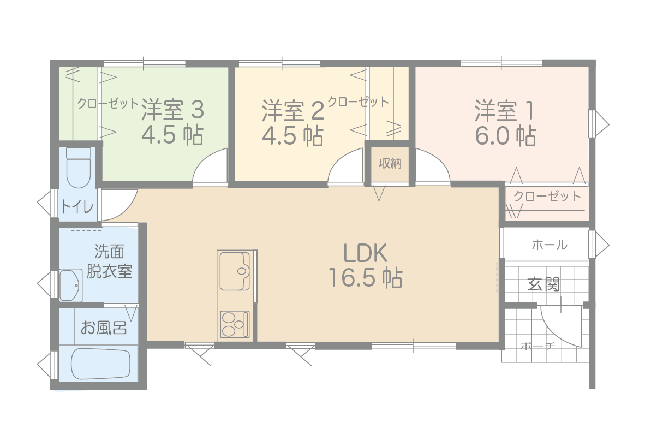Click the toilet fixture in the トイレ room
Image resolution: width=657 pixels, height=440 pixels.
point(79,168)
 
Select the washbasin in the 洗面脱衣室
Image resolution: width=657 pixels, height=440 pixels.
point(71,285)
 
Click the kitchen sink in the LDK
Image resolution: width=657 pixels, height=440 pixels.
point(235,271)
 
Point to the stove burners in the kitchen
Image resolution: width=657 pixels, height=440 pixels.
point(235,324)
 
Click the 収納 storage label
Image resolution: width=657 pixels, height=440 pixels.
point(390,163)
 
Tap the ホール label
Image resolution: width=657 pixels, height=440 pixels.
point(550,245)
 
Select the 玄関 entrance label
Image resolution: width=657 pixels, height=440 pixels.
point(543,284)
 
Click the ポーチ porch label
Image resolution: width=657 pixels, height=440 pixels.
point(538,347)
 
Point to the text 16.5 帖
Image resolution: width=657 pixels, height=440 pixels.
point(366,277)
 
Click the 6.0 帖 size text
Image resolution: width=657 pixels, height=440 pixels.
point(505,136)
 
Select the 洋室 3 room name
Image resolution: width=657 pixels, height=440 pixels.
point(172,110)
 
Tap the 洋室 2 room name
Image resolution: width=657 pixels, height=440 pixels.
point(293,111)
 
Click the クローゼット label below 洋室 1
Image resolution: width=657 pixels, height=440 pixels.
point(547,196)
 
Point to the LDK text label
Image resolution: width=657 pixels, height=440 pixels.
point(365,253)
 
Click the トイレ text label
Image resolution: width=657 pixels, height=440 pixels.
point(77,206)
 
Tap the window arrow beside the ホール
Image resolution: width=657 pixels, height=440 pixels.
point(601,245)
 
